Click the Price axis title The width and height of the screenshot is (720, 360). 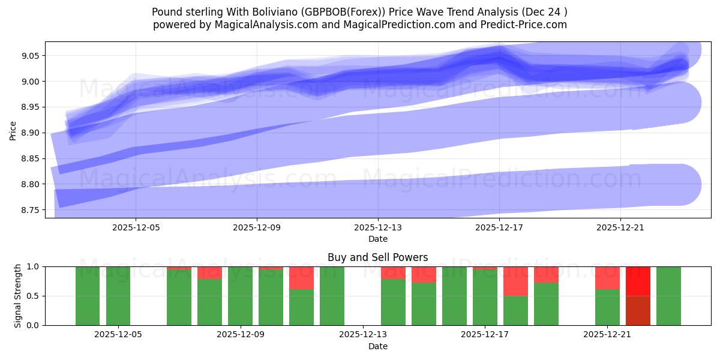13,130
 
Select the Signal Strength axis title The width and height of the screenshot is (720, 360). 18,296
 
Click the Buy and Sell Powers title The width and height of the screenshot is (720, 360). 377,257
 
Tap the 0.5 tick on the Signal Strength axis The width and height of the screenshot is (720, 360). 33,296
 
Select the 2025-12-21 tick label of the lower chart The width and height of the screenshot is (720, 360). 608,335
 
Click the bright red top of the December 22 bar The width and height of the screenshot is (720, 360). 638,281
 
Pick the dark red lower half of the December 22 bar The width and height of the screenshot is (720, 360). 638,310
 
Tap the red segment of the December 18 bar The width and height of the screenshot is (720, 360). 515,281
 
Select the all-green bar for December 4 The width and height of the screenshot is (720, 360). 88,296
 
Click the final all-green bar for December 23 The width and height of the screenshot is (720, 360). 668,296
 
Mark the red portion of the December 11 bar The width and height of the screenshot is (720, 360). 301,278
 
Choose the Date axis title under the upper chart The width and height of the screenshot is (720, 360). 377,239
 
